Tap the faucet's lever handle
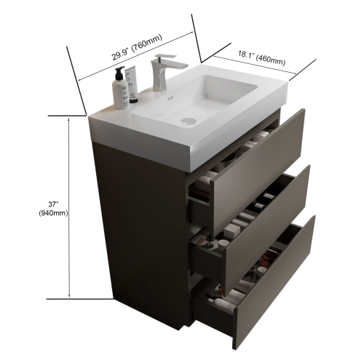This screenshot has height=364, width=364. pos(171,60)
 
